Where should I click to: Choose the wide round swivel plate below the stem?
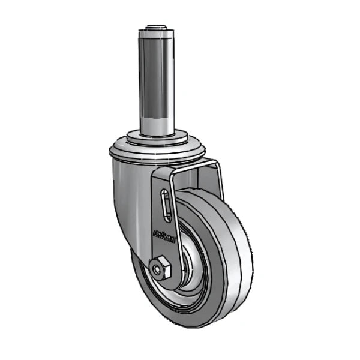160,150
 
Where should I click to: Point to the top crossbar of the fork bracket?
192,164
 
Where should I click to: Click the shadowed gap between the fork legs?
195,180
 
